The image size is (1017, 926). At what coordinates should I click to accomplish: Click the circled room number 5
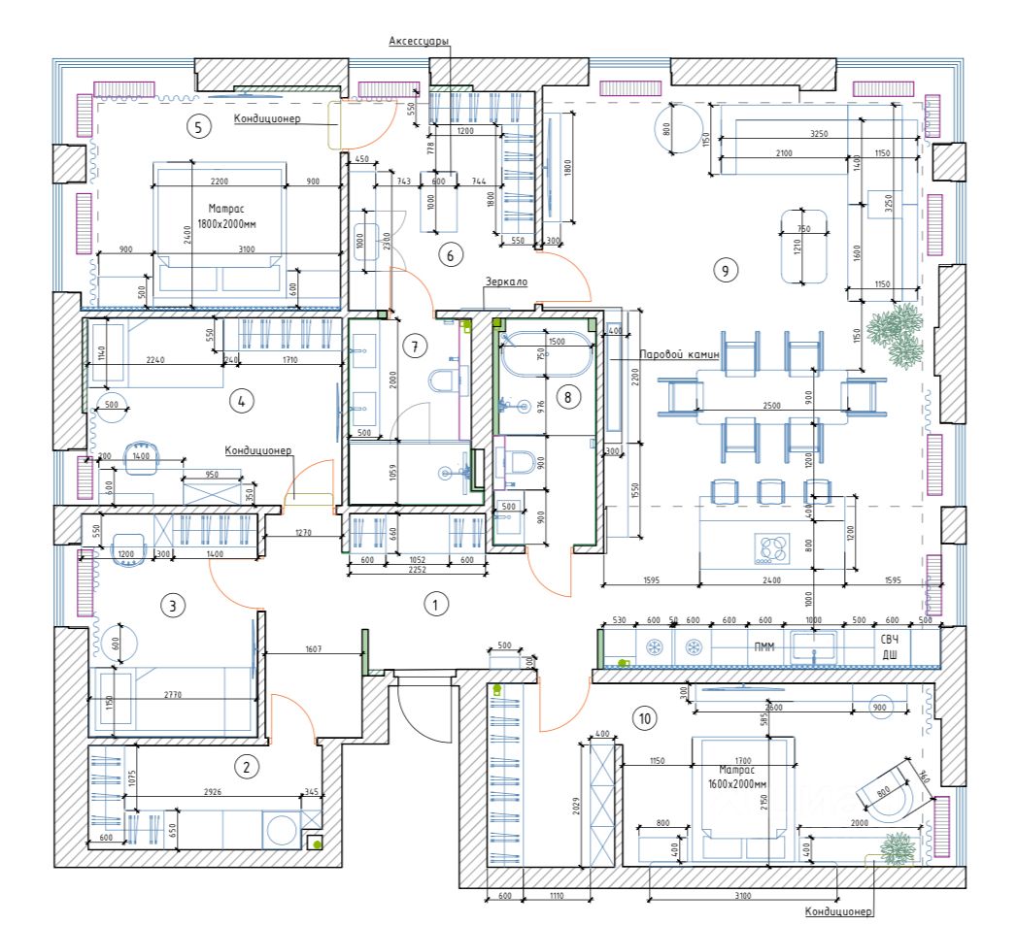pyautogui.click(x=198, y=126)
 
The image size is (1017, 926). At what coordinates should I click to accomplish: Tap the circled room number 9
pyautogui.click(x=722, y=271)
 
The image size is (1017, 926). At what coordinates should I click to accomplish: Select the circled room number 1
pyautogui.click(x=435, y=605)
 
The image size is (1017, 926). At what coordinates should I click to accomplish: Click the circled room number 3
pyautogui.click(x=172, y=607)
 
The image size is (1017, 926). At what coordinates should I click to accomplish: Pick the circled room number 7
pyautogui.click(x=414, y=346)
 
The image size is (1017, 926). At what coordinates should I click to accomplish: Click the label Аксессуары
pyautogui.click(x=419, y=40)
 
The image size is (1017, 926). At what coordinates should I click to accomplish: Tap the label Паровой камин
pyautogui.click(x=679, y=355)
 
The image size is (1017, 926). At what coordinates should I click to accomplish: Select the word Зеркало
pyautogui.click(x=507, y=281)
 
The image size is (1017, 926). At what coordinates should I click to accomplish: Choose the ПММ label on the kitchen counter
pyautogui.click(x=758, y=647)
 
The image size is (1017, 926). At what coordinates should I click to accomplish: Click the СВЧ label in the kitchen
pyautogui.click(x=891, y=641)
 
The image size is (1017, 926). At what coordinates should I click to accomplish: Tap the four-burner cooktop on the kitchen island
pyautogui.click(x=773, y=549)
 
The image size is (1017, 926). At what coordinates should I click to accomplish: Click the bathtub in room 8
pyautogui.click(x=544, y=353)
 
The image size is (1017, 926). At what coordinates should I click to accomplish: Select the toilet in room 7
pyautogui.click(x=445, y=380)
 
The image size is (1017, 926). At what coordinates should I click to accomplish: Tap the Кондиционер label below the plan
pyautogui.click(x=839, y=912)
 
